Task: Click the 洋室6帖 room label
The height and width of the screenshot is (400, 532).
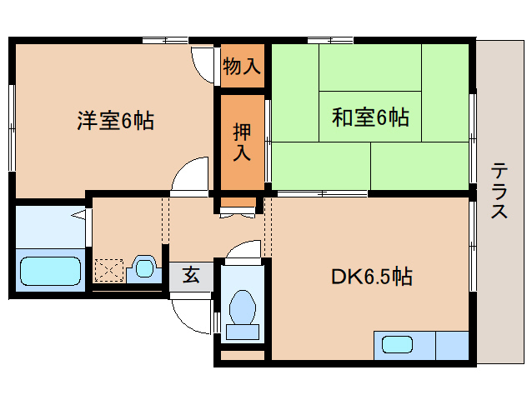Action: tap(115, 120)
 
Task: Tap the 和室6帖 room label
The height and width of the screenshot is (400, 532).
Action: tap(370, 117)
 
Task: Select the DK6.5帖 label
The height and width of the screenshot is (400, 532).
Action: tap(371, 275)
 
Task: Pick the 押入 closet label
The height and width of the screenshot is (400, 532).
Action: tap(242, 141)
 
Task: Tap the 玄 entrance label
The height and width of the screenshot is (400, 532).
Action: tap(191, 275)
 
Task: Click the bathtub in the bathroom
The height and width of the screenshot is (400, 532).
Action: tap(50, 271)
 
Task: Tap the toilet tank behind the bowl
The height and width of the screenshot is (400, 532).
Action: tap(243, 332)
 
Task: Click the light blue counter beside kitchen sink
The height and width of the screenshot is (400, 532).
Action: tap(451, 344)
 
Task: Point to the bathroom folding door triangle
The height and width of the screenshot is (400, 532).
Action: tap(78, 216)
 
